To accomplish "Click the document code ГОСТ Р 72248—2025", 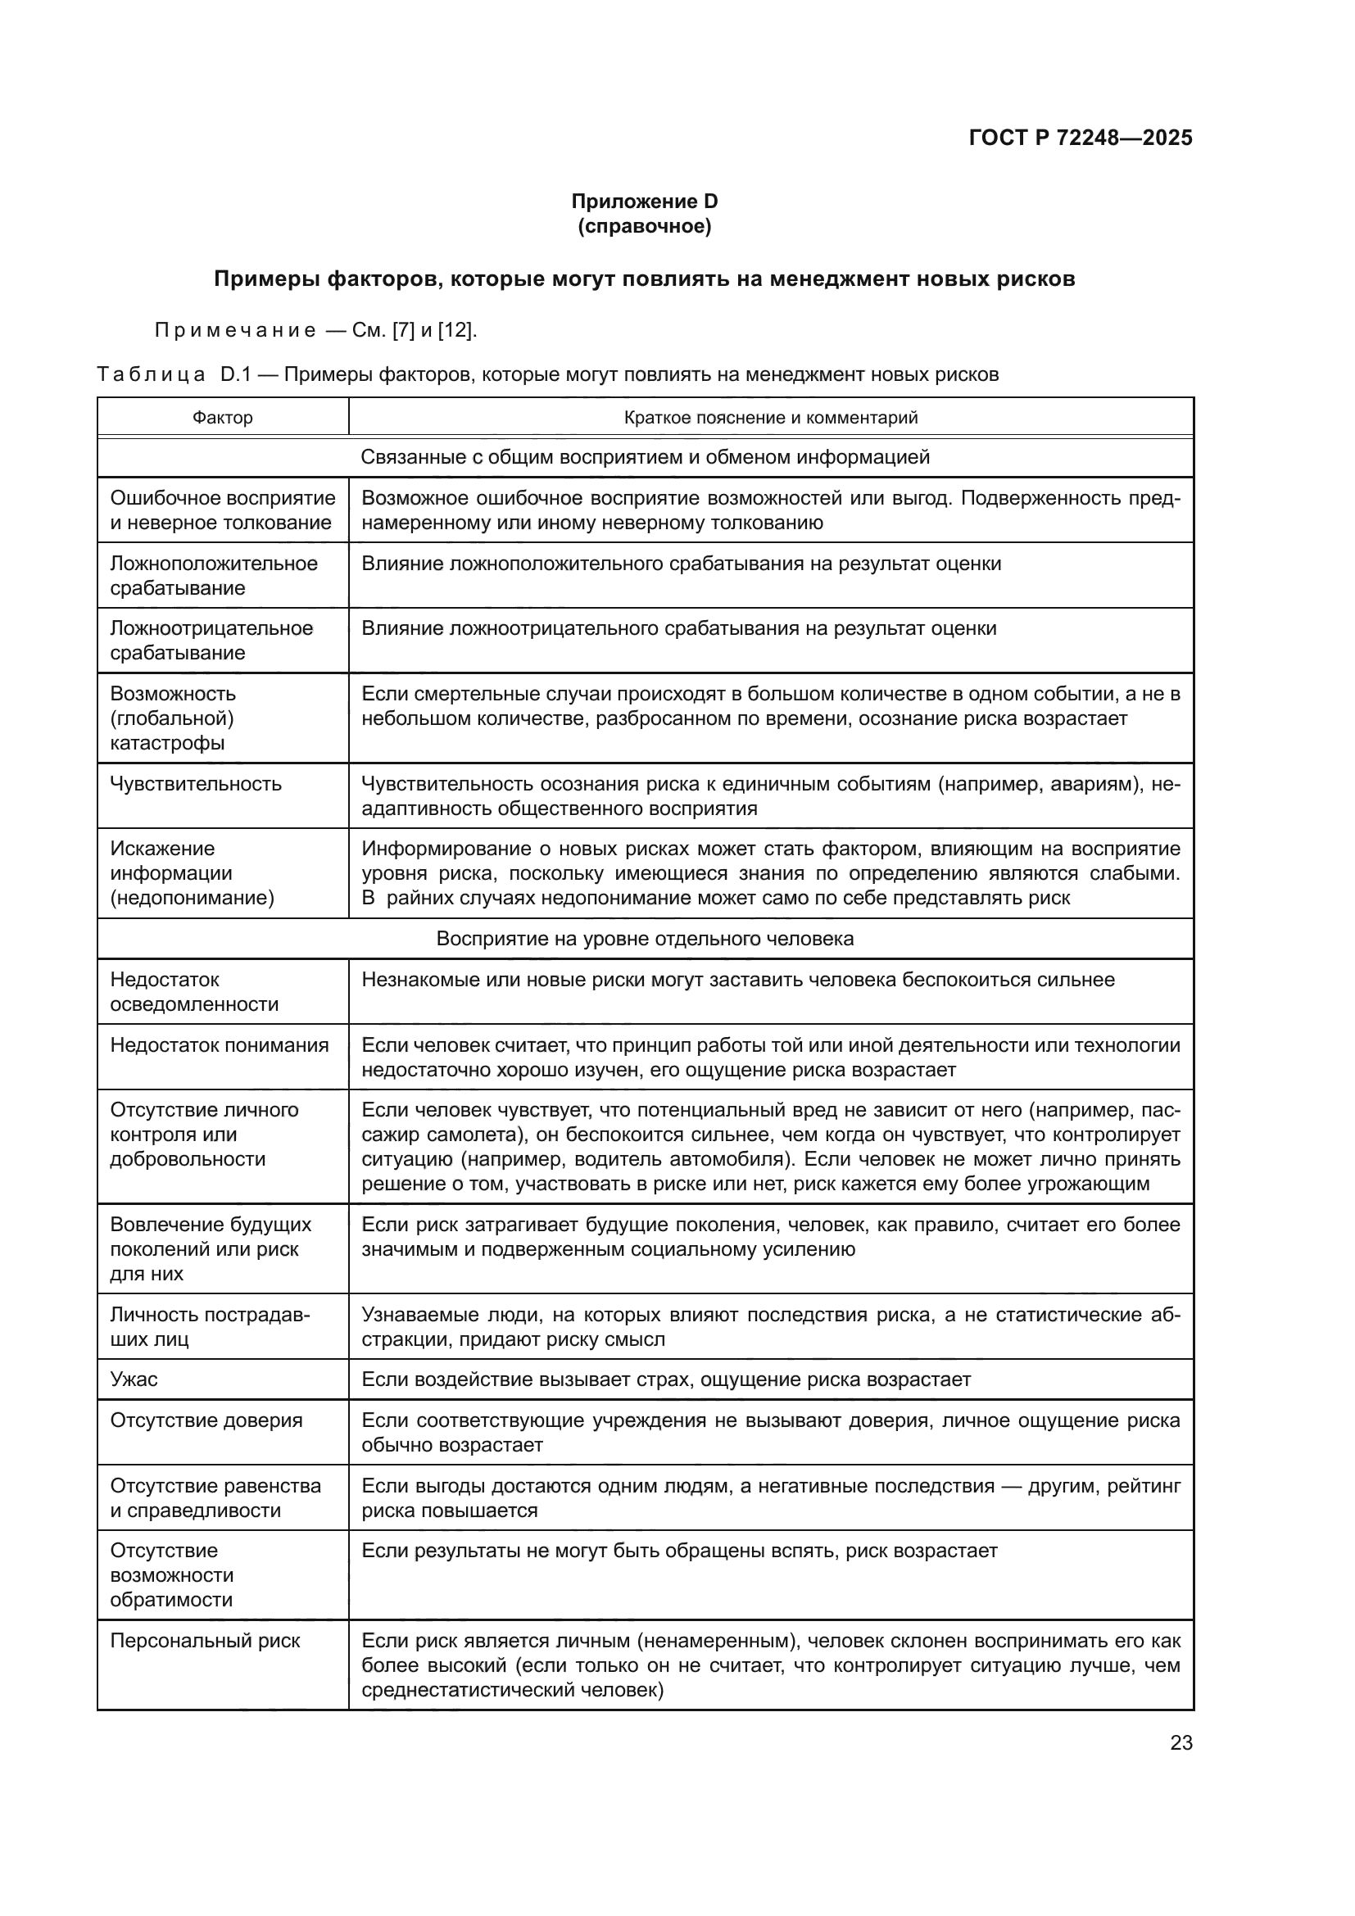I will click(1081, 138).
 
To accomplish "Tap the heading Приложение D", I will click(644, 202).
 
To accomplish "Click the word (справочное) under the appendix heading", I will click(644, 226).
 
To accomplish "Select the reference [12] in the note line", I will click(455, 330).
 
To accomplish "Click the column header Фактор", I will click(223, 417).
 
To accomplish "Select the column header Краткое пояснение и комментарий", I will click(770, 417).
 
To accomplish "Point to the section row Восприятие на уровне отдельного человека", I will click(645, 939).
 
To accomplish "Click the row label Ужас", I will click(134, 1379).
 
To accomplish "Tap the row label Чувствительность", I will click(196, 784).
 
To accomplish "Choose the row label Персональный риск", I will click(206, 1641).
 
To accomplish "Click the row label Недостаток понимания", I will click(220, 1044).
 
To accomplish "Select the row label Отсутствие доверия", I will click(206, 1420).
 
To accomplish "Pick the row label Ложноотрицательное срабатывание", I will click(211, 640).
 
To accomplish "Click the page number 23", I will click(1181, 1743).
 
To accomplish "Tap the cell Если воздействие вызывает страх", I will click(666, 1379).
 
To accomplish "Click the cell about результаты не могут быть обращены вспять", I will click(679, 1551).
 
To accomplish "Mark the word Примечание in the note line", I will click(235, 330).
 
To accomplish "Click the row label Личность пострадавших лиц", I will click(210, 1327).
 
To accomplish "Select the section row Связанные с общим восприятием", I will click(645, 457).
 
